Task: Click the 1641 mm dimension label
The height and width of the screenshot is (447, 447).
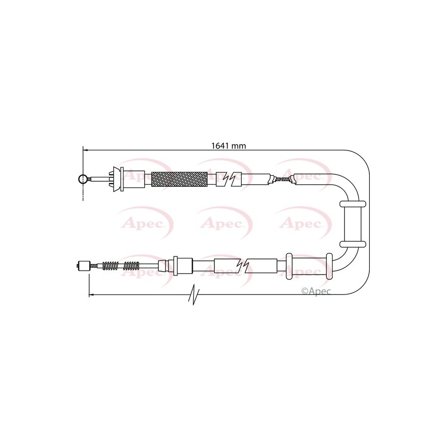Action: [x=228, y=146]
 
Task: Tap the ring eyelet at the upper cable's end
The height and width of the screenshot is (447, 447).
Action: [x=83, y=179]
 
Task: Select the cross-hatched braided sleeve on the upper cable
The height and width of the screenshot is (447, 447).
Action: [x=179, y=179]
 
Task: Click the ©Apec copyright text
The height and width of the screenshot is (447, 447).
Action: [x=316, y=291]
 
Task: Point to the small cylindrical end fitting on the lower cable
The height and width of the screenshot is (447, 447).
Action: [x=84, y=266]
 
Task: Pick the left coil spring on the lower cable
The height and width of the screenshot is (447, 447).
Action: [x=110, y=266]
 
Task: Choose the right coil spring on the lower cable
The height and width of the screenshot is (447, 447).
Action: [x=131, y=266]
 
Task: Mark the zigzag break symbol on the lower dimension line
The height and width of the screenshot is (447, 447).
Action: [x=194, y=294]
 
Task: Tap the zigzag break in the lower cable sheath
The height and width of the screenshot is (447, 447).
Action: [x=243, y=266]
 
